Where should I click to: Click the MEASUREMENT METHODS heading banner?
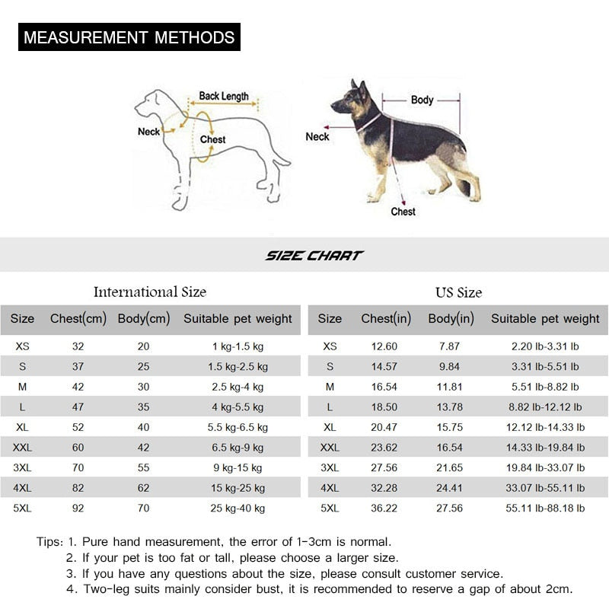(x=129, y=37)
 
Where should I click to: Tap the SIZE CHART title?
(x=314, y=256)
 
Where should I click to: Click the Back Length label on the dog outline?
(x=224, y=97)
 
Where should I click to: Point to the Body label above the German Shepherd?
(x=422, y=100)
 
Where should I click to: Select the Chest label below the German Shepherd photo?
(x=403, y=211)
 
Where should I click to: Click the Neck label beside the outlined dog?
(x=148, y=132)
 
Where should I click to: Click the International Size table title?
(x=149, y=292)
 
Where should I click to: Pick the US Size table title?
(x=458, y=292)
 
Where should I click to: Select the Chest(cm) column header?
(x=78, y=319)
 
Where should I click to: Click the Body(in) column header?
(x=451, y=319)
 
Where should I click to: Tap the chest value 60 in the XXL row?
(x=78, y=448)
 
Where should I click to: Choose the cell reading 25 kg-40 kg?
(x=238, y=508)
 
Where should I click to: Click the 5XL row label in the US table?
(x=330, y=508)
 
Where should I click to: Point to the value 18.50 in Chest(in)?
(x=384, y=407)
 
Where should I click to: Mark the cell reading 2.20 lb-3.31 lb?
(x=545, y=346)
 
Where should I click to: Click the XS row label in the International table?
(x=23, y=346)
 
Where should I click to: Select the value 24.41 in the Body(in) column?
(x=450, y=488)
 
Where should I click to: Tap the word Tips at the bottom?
(x=49, y=543)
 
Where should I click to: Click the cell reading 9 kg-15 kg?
(x=238, y=467)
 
